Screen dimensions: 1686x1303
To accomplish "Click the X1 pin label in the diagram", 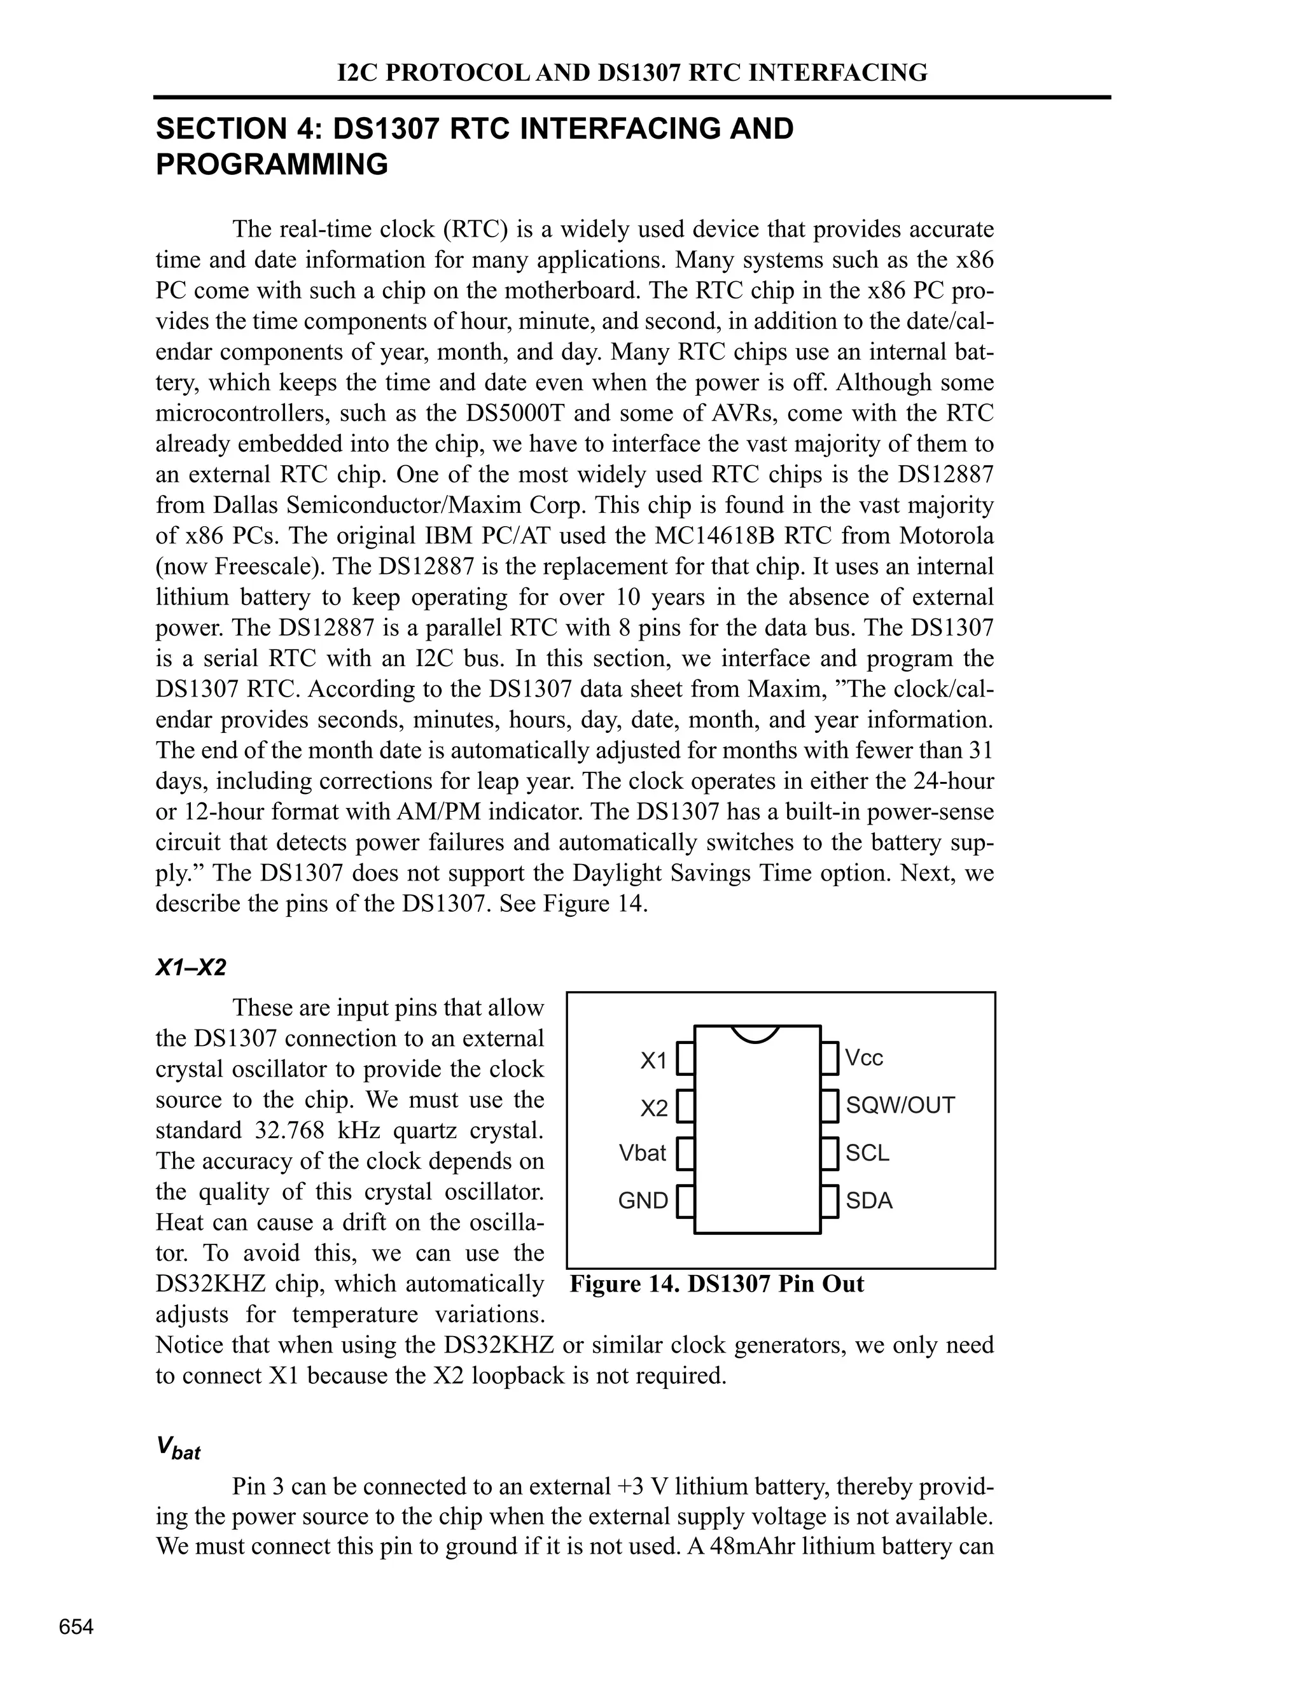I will click(653, 1061).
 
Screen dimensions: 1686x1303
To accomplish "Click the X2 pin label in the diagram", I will click(653, 1108).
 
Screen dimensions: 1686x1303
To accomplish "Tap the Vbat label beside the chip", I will click(642, 1153).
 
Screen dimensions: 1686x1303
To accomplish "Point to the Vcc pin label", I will click(864, 1057).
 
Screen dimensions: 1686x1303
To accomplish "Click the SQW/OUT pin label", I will click(900, 1106).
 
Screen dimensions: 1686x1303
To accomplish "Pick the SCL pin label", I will click(868, 1153).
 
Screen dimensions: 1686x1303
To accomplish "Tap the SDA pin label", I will click(869, 1201).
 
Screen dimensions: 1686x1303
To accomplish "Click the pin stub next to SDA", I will click(829, 1201).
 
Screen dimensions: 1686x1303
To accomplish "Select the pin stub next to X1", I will click(685, 1059).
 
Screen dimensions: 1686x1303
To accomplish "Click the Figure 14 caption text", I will click(717, 1284).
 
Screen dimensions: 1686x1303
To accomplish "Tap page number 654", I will click(76, 1627).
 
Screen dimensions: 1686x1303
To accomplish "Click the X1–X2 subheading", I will click(191, 967).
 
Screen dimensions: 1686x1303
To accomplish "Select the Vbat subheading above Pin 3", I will click(178, 1448).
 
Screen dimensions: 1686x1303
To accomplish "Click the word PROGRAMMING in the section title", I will click(272, 164).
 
